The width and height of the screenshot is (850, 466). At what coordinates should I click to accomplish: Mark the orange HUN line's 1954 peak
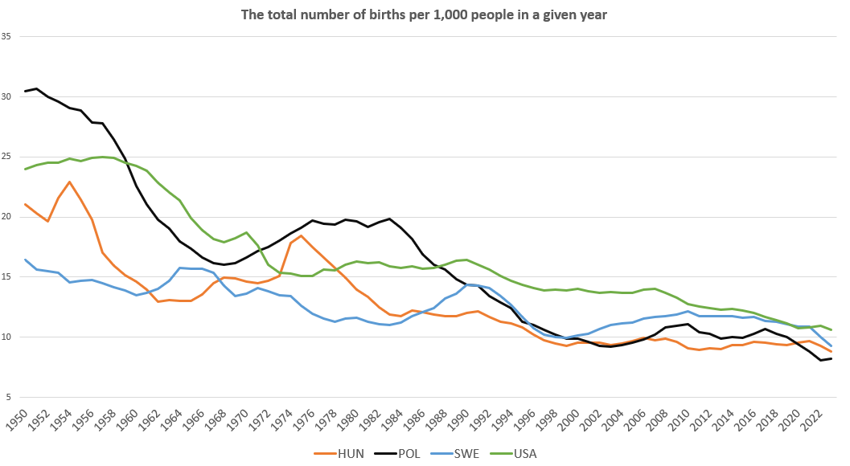(70, 182)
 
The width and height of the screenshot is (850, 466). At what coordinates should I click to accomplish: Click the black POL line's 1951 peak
(36, 88)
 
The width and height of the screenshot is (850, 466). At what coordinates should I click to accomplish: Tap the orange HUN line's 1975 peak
(302, 235)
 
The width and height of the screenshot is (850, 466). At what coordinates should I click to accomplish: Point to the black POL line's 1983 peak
(390, 219)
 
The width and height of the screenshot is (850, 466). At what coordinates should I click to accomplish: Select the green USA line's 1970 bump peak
(247, 232)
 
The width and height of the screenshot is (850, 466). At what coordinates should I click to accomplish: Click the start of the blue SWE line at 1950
(26, 260)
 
